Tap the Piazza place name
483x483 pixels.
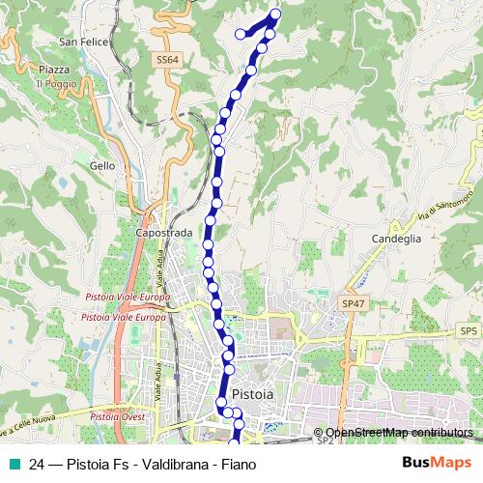pyautogui.click(x=54, y=71)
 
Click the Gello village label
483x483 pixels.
pyautogui.click(x=101, y=165)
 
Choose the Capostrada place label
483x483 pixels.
pyautogui.click(x=163, y=233)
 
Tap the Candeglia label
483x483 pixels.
pyautogui.click(x=396, y=237)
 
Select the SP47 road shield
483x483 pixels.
pyautogui.click(x=354, y=302)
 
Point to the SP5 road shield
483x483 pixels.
pyautogui.click(x=469, y=331)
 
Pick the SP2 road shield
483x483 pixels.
pyautogui.click(x=325, y=440)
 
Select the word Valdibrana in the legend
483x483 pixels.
pyautogui.click(x=170, y=465)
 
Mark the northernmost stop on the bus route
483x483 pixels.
pyautogui.click(x=275, y=14)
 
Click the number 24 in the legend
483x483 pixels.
pyautogui.click(x=37, y=465)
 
